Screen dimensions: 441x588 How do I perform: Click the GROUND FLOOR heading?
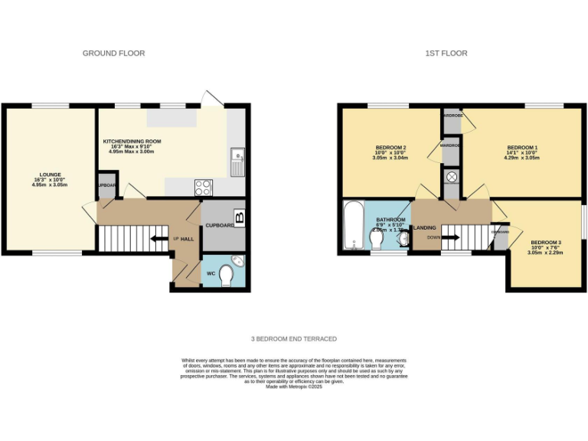pyautogui.click(x=113, y=54)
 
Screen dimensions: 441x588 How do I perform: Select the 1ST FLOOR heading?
pyautogui.click(x=446, y=54)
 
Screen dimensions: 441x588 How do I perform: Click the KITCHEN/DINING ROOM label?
pyautogui.click(x=132, y=142)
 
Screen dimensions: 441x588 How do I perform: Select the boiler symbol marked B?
pyautogui.click(x=240, y=217)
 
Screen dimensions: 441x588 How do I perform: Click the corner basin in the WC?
pyautogui.click(x=238, y=261)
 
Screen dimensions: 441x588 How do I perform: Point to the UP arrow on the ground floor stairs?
pyautogui.click(x=158, y=239)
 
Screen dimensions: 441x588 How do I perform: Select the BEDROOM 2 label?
pyautogui.click(x=390, y=147)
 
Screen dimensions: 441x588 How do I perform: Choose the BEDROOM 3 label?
pyautogui.click(x=546, y=243)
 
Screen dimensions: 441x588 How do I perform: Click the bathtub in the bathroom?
pyautogui.click(x=353, y=225)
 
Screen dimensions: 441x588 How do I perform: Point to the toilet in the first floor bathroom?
pyautogui.click(x=377, y=240)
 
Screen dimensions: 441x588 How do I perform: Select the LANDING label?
pyautogui.click(x=425, y=227)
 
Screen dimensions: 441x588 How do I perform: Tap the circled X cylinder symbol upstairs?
pyautogui.click(x=451, y=177)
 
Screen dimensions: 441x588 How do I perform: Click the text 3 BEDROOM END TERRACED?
pyautogui.click(x=293, y=338)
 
